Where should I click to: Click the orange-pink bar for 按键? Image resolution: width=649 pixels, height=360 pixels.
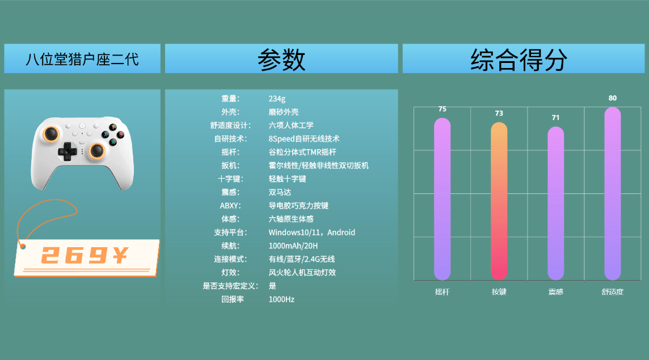(x=499, y=201)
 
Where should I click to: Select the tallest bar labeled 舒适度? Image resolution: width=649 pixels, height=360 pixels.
(x=613, y=194)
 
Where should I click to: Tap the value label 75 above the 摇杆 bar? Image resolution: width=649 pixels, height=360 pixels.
(x=442, y=109)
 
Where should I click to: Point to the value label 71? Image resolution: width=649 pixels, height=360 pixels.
(x=555, y=117)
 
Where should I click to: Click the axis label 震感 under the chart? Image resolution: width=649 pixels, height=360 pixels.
(x=556, y=292)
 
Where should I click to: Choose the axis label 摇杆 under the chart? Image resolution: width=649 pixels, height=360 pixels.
(x=442, y=292)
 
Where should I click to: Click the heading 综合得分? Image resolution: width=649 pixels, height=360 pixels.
(x=519, y=60)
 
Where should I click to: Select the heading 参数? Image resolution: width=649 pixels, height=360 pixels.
(x=281, y=60)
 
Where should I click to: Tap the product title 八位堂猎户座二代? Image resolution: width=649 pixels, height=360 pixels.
(x=82, y=59)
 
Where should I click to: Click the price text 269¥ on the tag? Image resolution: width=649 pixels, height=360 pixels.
(x=85, y=255)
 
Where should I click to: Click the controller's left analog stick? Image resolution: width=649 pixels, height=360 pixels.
(x=51, y=133)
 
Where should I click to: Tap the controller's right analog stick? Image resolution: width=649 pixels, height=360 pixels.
(x=97, y=150)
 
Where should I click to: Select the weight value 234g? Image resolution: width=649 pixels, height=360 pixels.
(x=277, y=99)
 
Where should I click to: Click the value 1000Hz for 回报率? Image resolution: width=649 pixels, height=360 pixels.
(x=281, y=299)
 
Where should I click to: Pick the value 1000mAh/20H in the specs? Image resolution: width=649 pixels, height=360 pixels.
(x=293, y=246)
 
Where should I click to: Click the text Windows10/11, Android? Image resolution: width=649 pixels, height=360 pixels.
(x=311, y=232)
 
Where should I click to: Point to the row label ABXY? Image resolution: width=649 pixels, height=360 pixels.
(x=230, y=206)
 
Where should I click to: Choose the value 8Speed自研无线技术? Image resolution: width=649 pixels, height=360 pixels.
(x=304, y=139)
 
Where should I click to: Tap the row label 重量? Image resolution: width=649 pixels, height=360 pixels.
(x=230, y=99)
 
